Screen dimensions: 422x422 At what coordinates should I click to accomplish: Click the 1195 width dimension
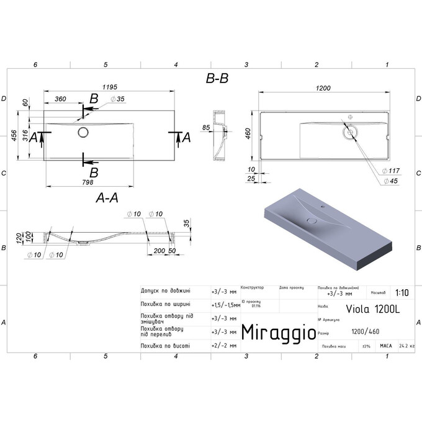click(x=109, y=87)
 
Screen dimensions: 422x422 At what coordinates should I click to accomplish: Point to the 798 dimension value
click(x=87, y=182)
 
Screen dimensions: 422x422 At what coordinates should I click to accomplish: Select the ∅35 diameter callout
click(x=117, y=99)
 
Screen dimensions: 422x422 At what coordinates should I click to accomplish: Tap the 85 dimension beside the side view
click(x=205, y=128)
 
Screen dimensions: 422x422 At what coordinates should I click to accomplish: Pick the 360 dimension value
click(x=60, y=99)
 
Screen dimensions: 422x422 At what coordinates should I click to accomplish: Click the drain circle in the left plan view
click(x=83, y=132)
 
